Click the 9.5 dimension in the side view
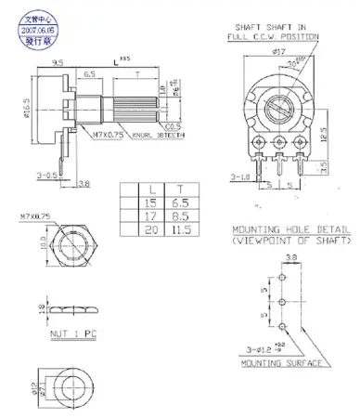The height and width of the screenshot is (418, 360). tap(59, 63)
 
